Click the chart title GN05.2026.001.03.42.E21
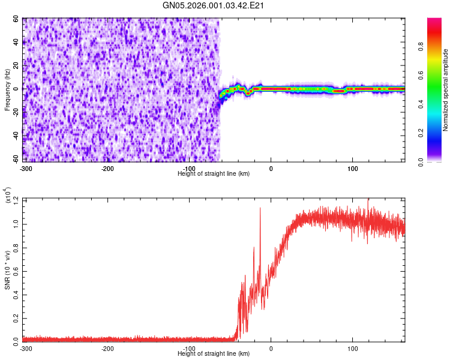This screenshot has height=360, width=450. pos(214,6)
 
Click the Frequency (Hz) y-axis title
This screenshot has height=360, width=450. pos(8,90)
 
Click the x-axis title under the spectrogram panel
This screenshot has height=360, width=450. pos(214,173)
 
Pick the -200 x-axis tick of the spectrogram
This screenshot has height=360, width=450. pos(108,167)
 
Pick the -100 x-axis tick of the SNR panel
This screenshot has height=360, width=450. pos(190,348)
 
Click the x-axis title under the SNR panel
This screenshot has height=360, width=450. pos(214,354)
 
